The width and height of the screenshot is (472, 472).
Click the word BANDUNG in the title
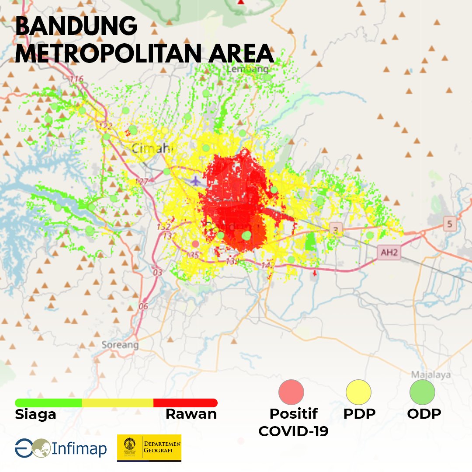click(x=76, y=27)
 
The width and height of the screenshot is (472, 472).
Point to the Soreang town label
click(x=120, y=345)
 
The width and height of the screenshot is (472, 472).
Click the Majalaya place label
click(x=431, y=375)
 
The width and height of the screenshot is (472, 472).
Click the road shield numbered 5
click(x=449, y=224)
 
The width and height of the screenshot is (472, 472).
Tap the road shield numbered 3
click(x=335, y=229)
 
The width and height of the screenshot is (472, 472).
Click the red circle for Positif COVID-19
click(x=291, y=392)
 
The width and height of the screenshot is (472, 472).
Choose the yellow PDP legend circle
click(x=358, y=392)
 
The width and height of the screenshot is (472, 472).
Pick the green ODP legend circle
click(x=422, y=392)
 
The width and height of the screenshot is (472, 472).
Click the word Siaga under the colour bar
click(x=35, y=414)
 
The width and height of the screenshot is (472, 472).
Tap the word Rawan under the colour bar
click(x=191, y=414)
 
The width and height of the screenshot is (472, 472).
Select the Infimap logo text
click(x=79, y=448)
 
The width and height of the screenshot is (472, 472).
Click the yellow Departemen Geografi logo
click(x=149, y=448)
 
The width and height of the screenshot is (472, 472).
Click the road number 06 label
click(x=143, y=306)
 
